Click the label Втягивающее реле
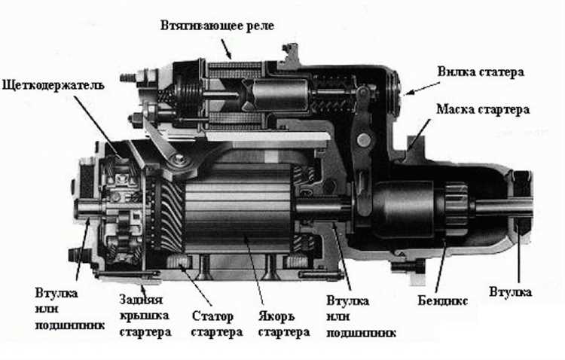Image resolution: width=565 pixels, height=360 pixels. pos(217,26)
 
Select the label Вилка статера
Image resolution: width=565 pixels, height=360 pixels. pos(480,72)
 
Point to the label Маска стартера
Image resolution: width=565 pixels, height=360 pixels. pos(482,108)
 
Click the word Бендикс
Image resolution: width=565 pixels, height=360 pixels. pos(443,301)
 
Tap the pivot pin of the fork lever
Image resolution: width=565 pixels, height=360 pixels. pos(365,139)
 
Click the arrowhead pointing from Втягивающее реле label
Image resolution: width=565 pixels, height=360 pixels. pos(230,57)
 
